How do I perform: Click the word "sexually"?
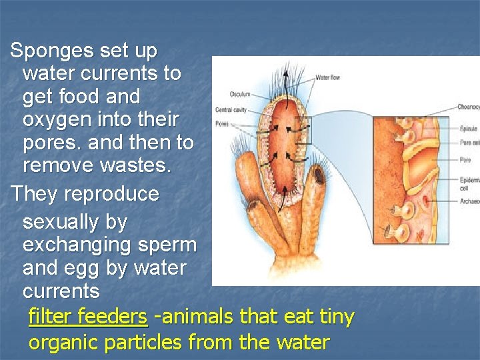pos(65,221)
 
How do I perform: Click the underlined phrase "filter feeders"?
pos(87,317)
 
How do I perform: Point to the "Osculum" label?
pos(240,94)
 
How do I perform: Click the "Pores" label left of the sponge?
pos(223,123)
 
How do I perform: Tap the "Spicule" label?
pos(468,129)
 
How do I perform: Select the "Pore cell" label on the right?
pos(469,143)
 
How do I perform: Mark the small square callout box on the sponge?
pos(303,131)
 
